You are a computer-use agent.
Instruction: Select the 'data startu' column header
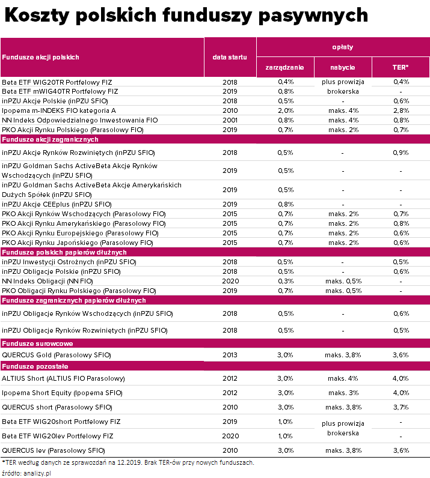point(230,57)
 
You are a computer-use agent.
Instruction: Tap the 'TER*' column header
point(400,67)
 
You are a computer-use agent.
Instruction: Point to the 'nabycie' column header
point(343,67)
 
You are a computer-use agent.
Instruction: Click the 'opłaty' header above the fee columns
point(343,47)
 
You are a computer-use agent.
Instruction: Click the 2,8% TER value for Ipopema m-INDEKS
point(401,110)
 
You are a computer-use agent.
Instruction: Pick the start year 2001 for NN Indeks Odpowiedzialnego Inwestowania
point(230,120)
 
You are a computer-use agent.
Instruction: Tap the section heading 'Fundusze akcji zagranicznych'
point(51,139)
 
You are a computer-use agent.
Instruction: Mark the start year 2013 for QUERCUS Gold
point(230,355)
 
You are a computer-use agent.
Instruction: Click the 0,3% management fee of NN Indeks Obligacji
point(285,281)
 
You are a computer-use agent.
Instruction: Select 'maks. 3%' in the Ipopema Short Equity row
point(343,393)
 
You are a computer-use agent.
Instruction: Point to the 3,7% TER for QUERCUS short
point(401,407)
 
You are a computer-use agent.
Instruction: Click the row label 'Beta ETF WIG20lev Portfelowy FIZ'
point(58,436)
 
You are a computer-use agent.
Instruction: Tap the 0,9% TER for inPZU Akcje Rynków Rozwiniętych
point(401,153)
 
